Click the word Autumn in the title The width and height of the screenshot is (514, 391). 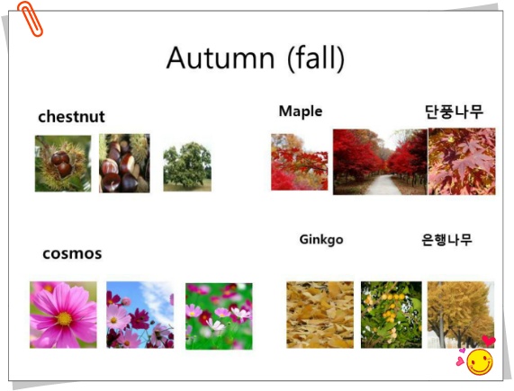tap(221, 58)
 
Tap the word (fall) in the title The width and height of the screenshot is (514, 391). tap(316, 58)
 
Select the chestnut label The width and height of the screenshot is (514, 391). tap(71, 117)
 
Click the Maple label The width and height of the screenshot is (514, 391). tap(301, 111)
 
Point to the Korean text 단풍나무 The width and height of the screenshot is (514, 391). tap(454, 111)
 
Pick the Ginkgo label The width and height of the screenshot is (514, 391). tap(321, 239)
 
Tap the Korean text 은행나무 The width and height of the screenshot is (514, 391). tap(446, 240)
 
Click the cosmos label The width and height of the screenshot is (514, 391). tap(72, 253)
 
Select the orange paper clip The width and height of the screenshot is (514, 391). tap(30, 19)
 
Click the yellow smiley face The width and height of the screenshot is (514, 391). tap(480, 362)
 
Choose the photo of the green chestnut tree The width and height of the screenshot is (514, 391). tap(187, 166)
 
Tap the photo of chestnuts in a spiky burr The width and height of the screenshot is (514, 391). tap(63, 164)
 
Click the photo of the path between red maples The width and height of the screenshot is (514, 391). tap(380, 162)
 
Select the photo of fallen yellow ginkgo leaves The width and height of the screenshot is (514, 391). tap(320, 315)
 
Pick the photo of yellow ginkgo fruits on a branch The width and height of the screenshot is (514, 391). tap(392, 315)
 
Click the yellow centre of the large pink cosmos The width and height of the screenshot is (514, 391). tap(65, 318)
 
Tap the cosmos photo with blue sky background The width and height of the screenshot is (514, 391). tap(140, 315)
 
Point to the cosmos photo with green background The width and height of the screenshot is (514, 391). tap(219, 316)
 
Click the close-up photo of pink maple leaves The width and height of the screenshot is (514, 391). tap(462, 161)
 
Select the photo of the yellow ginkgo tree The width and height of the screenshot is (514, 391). tap(461, 315)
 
